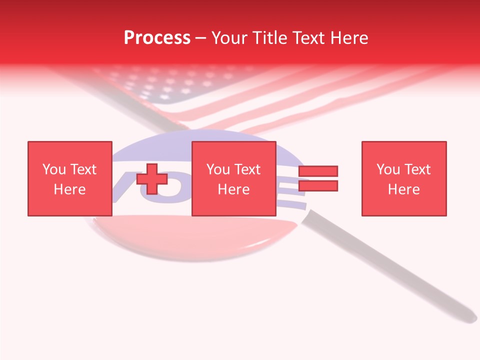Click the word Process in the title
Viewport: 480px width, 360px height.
click(x=157, y=38)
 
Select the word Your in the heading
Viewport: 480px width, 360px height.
click(x=229, y=38)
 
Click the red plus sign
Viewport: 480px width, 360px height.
click(x=152, y=179)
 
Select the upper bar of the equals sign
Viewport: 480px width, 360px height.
click(x=318, y=171)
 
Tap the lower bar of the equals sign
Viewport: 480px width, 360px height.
click(x=318, y=186)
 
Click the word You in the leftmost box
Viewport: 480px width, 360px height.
click(x=54, y=169)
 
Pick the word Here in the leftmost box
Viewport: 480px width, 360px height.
click(x=69, y=189)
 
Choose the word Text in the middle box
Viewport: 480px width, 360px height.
click(x=247, y=169)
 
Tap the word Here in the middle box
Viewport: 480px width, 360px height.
click(x=233, y=189)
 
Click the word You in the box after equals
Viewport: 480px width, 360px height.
click(x=388, y=169)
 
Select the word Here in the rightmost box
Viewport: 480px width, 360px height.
click(x=403, y=189)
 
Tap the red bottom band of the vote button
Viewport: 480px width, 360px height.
click(x=190, y=240)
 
